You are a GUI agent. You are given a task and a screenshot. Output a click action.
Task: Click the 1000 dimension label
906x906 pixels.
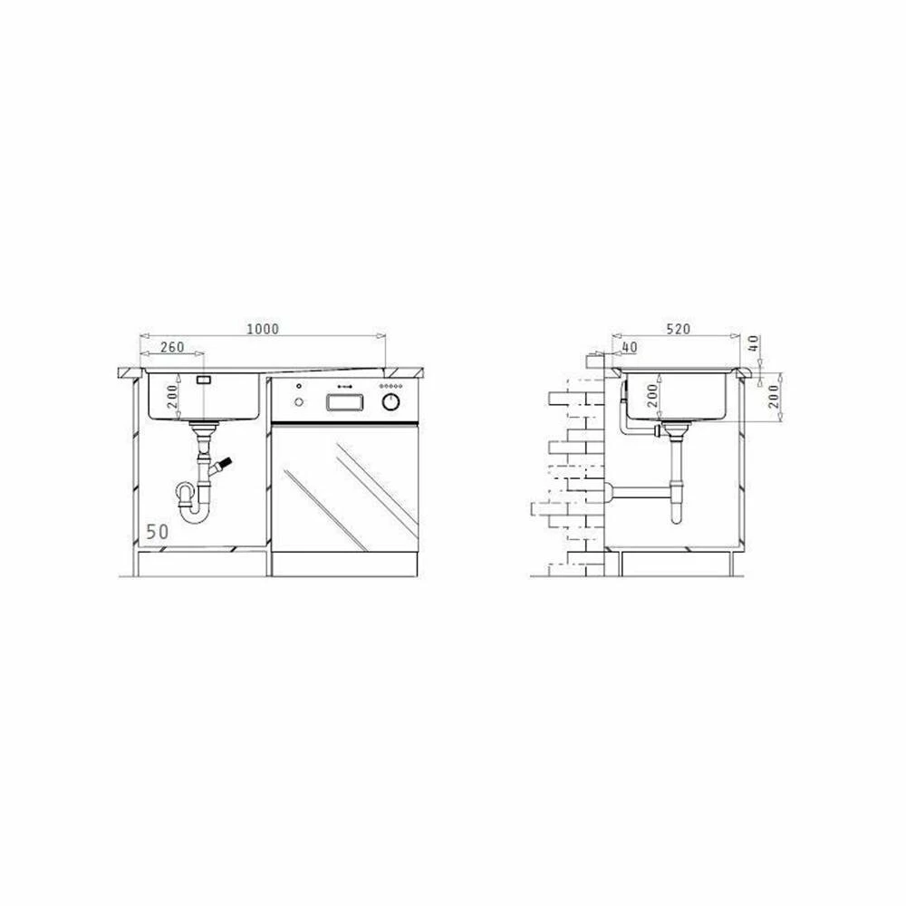pyautogui.click(x=263, y=329)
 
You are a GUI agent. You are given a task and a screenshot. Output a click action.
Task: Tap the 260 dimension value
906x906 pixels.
pyautogui.click(x=172, y=347)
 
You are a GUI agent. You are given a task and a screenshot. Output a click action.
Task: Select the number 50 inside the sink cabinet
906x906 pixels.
pyautogui.click(x=157, y=531)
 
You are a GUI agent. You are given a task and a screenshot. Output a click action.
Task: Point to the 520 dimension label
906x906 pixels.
pyautogui.click(x=679, y=329)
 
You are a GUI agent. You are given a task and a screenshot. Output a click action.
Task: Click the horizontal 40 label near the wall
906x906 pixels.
pyautogui.click(x=630, y=347)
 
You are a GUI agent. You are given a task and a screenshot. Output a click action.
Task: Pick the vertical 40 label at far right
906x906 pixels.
pyautogui.click(x=754, y=343)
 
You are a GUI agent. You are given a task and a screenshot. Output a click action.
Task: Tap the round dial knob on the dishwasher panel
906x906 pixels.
pyautogui.click(x=391, y=401)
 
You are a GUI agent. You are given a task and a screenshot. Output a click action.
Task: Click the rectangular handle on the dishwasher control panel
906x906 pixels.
pyautogui.click(x=345, y=402)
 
